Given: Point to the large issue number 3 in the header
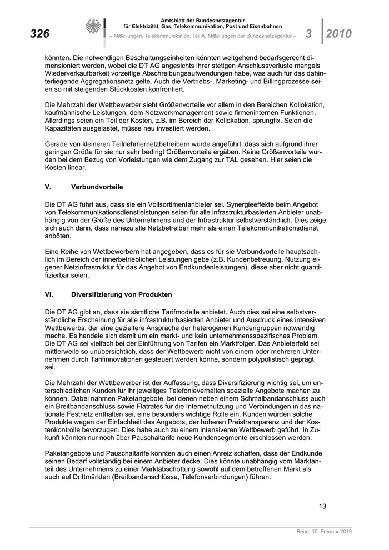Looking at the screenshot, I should click(x=309, y=34).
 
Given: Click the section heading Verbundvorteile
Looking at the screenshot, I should click(x=97, y=187).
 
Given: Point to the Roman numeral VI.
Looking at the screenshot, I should click(x=49, y=294).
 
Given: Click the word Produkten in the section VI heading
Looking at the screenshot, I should click(x=154, y=294).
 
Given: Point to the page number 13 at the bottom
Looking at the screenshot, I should click(x=322, y=506).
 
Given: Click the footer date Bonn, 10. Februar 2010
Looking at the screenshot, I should click(x=325, y=532).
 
